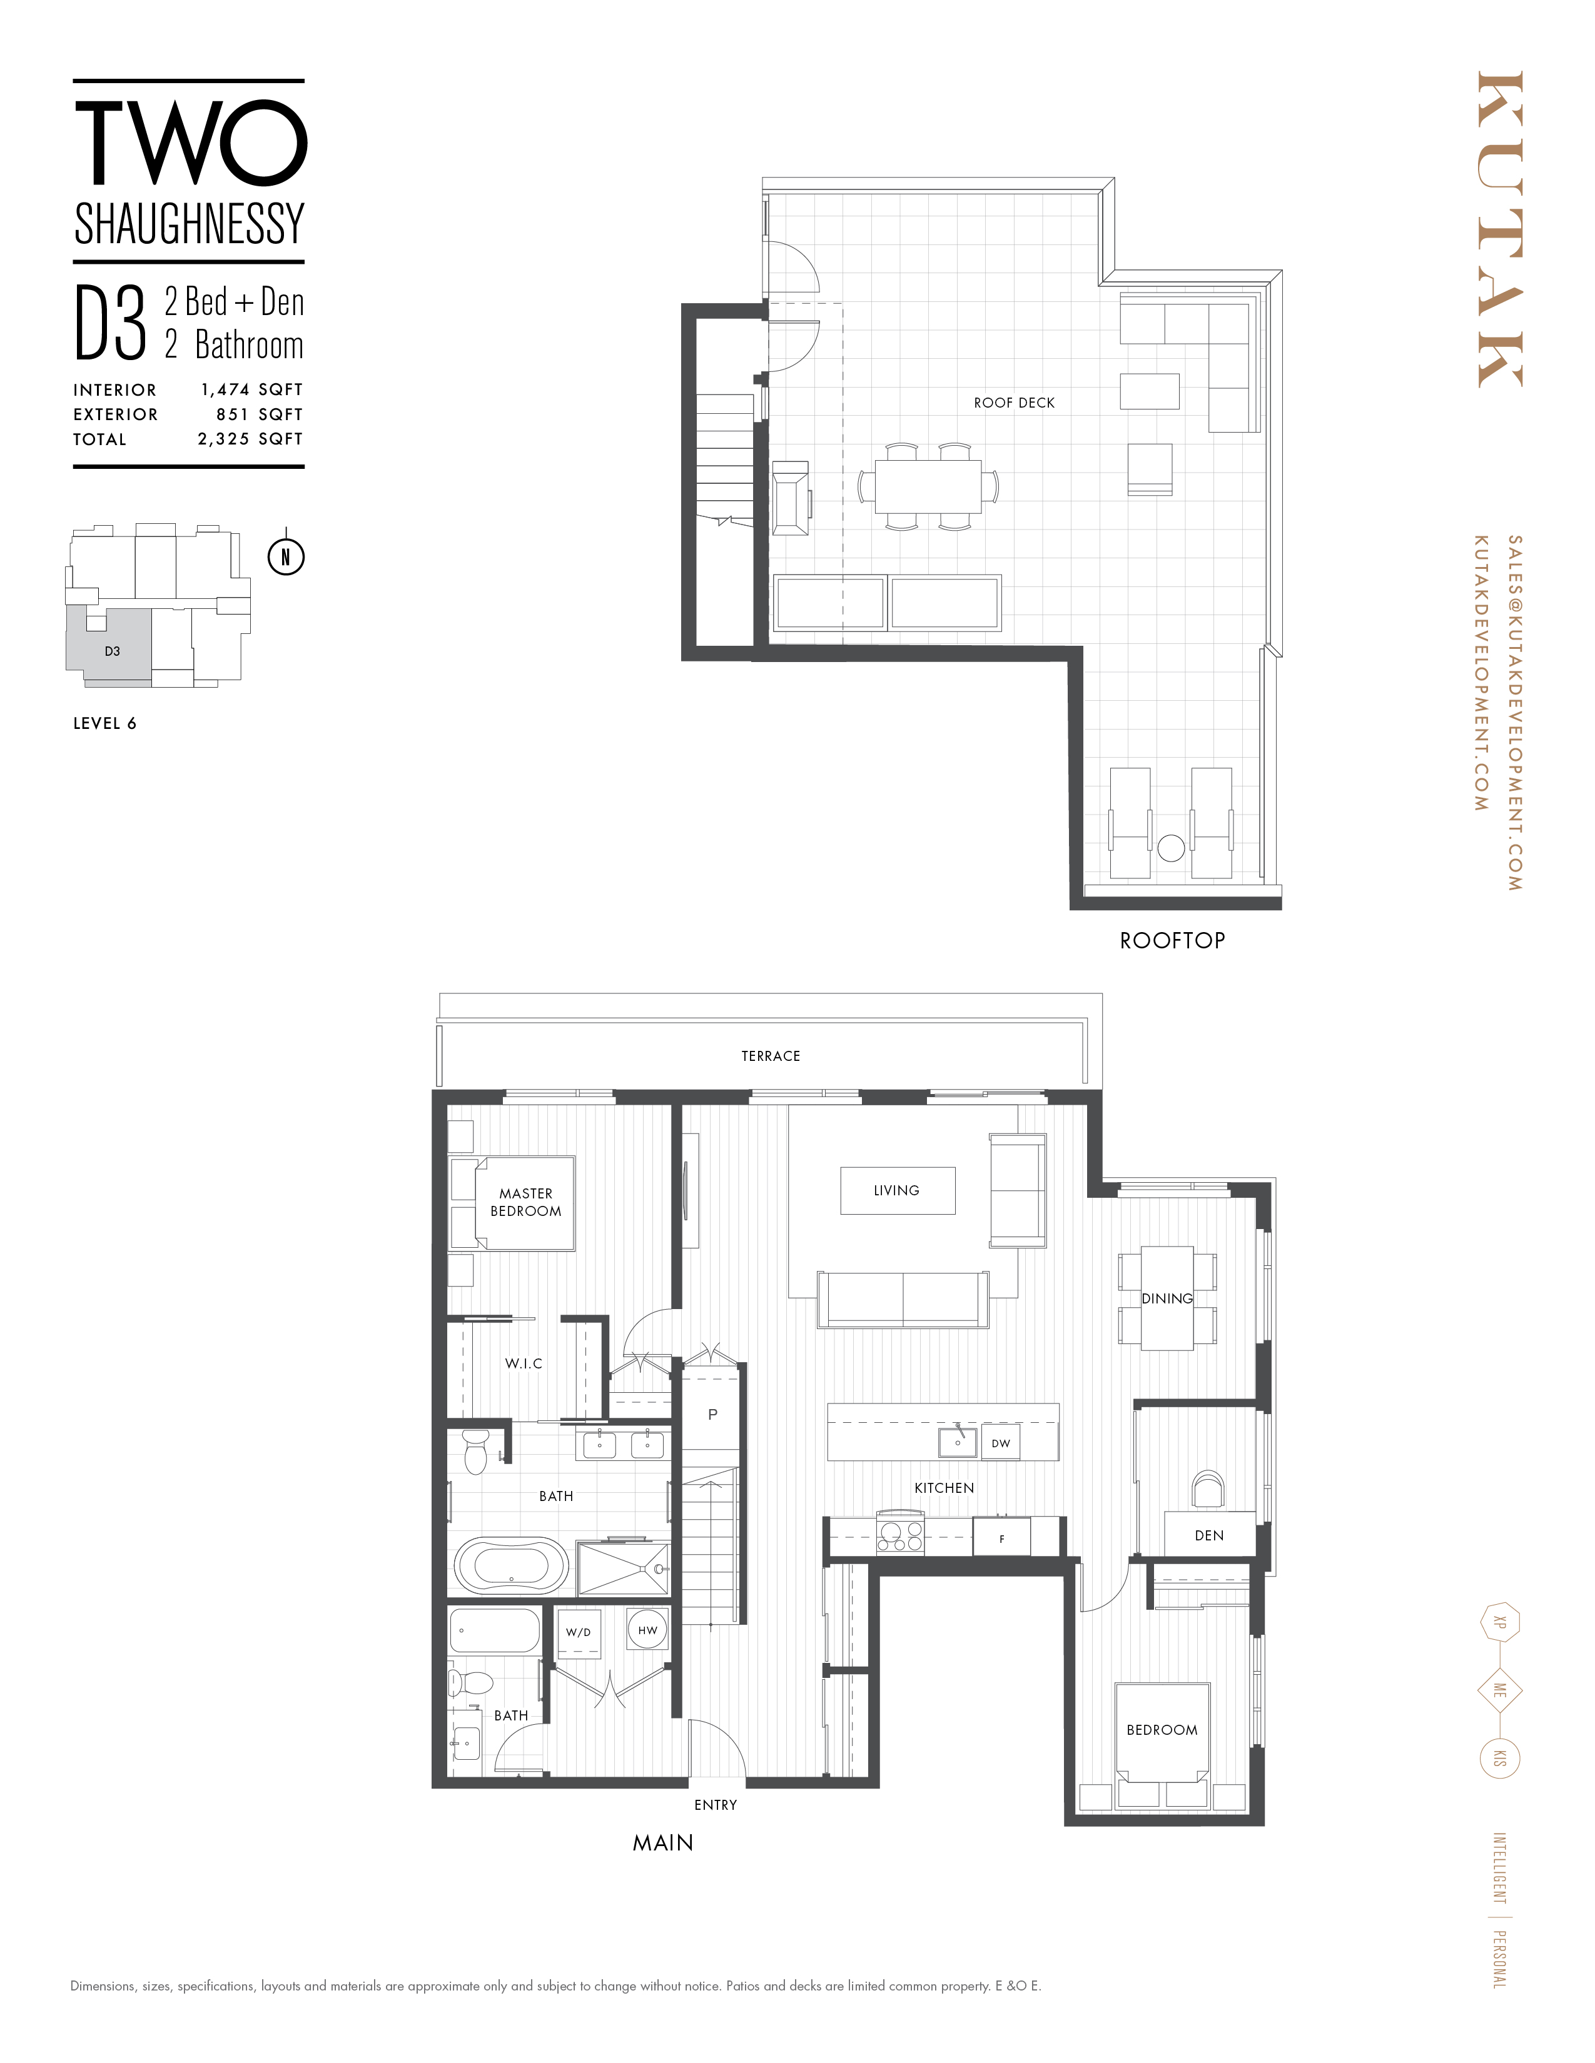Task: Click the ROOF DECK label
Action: tap(1014, 403)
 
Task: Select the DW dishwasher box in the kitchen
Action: tap(1001, 1443)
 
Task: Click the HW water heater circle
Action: tap(647, 1630)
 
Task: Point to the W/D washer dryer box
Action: tap(579, 1632)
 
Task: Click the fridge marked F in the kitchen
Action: tap(1001, 1538)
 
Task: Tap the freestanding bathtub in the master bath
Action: tap(511, 1565)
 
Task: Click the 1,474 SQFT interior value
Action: tap(251, 389)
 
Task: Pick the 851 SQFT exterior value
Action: tap(259, 414)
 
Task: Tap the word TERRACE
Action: tap(770, 1056)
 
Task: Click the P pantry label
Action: tap(712, 1414)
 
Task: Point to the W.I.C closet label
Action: tap(524, 1363)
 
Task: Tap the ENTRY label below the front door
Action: tap(716, 1805)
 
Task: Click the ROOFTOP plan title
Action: tap(1172, 941)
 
